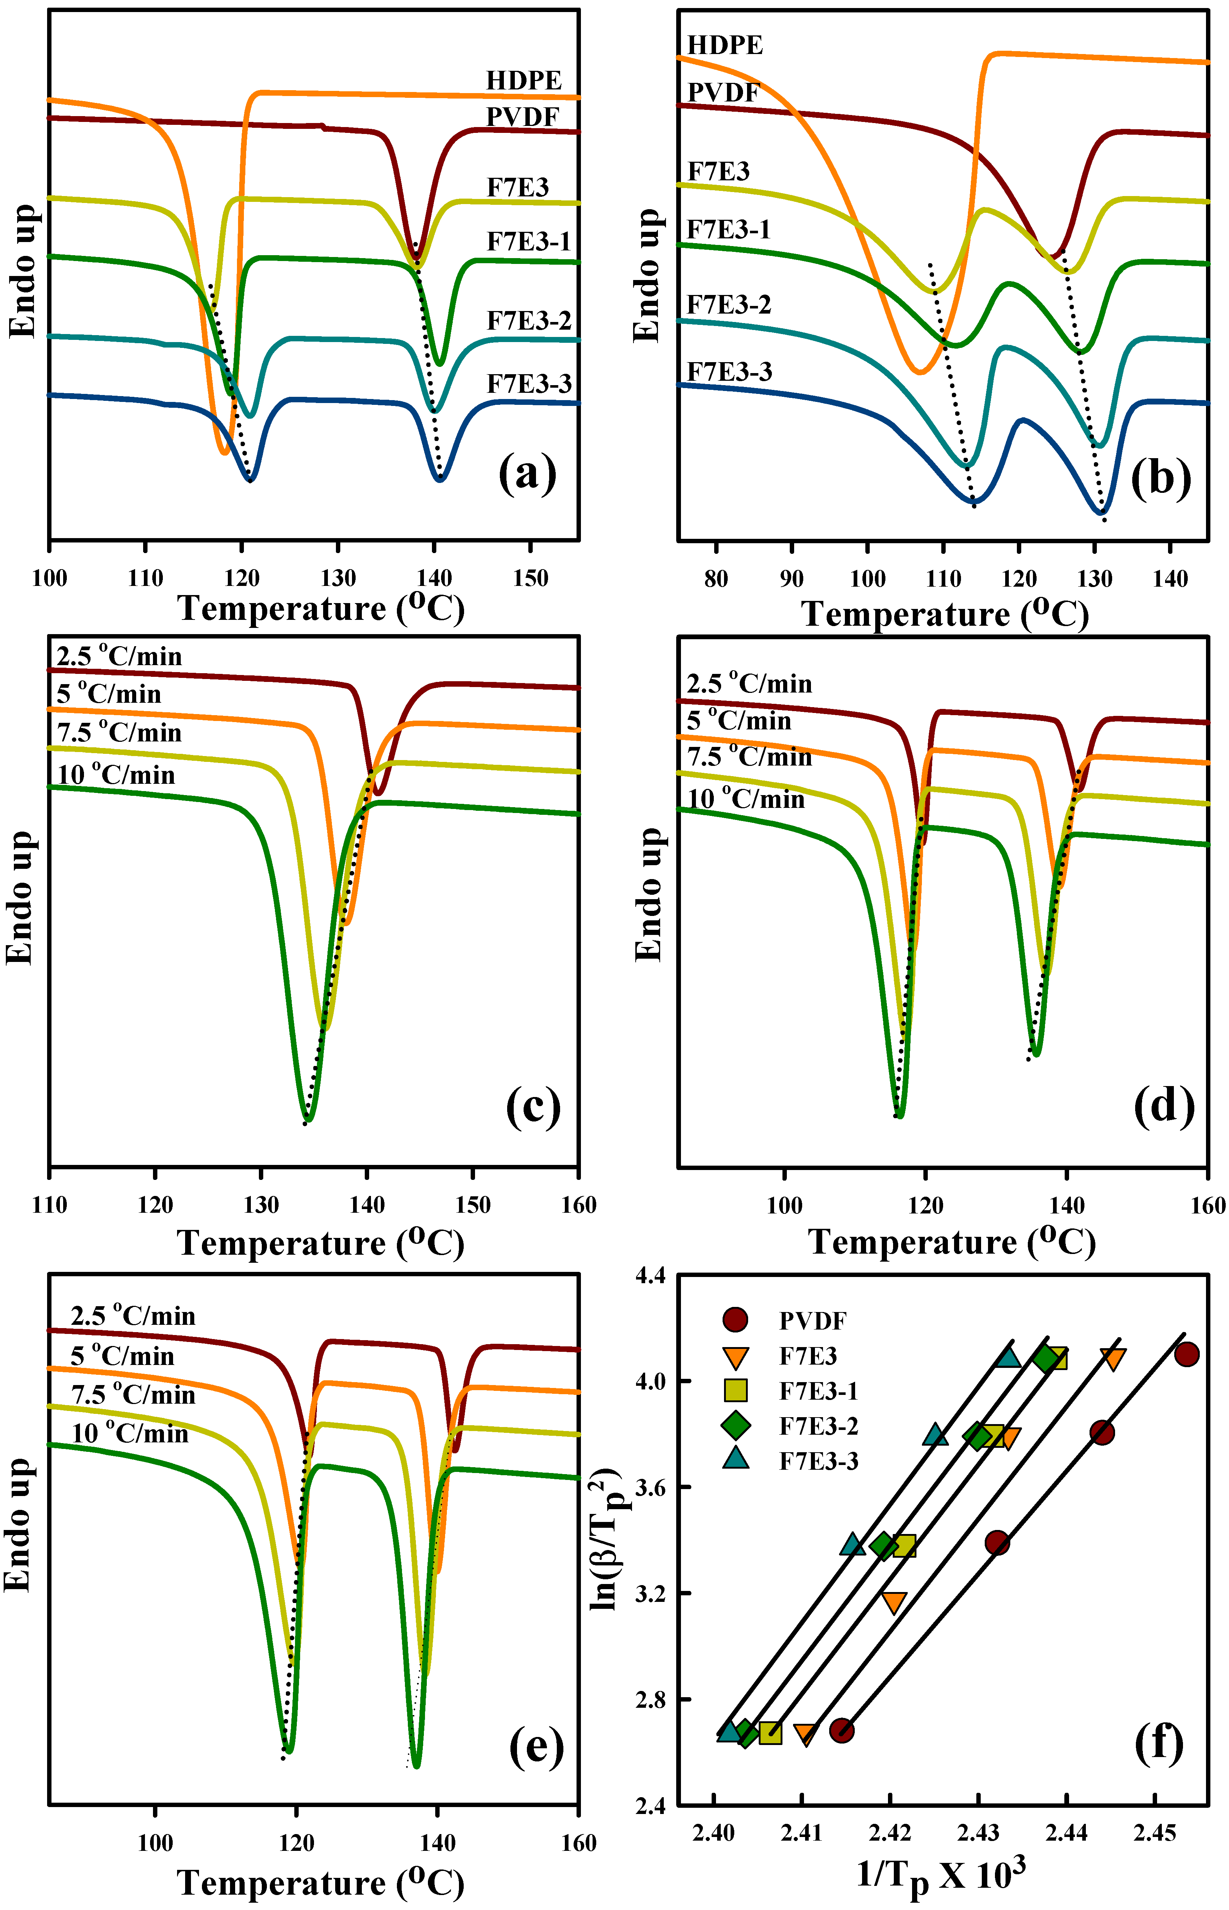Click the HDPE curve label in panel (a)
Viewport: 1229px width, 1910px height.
[x=524, y=81]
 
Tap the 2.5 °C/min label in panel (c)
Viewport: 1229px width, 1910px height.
[x=119, y=657]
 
